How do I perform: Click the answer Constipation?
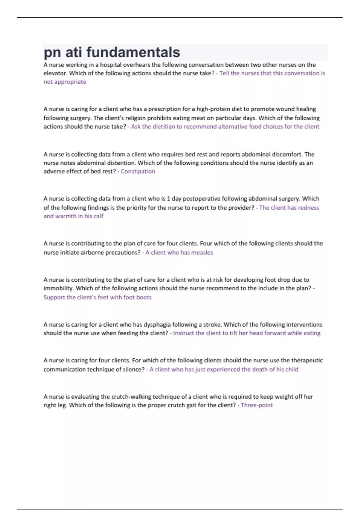(138, 171)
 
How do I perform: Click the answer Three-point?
(257, 405)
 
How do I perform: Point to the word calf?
(98, 216)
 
